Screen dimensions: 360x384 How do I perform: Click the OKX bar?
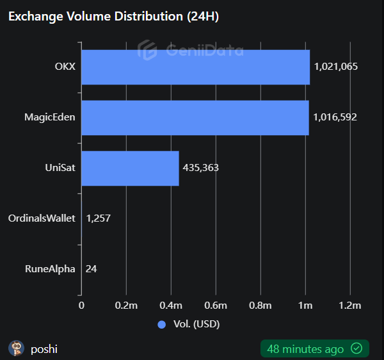[x=195, y=67]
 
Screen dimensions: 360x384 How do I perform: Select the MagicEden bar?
[x=195, y=118]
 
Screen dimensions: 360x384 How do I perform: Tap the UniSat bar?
[x=130, y=168]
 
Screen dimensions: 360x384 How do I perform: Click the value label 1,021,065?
[x=335, y=67]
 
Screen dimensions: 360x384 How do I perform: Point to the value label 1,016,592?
[x=335, y=117]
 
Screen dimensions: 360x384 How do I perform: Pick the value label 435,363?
[x=201, y=168]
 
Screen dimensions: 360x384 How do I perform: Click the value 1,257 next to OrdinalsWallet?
[x=99, y=218]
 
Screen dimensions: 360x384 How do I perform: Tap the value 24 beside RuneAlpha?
[x=91, y=269]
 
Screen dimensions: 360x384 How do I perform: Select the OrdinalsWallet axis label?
[x=42, y=218]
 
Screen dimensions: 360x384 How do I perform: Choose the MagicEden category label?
[x=49, y=117]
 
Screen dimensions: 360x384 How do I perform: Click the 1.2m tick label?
[x=350, y=306]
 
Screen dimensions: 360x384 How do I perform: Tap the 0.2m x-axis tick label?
[x=126, y=306]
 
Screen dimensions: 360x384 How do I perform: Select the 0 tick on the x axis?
[x=81, y=306]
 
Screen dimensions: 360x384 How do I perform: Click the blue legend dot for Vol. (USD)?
[x=161, y=324]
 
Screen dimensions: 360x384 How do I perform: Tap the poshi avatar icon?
[x=17, y=348]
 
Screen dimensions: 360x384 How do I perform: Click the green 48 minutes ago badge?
[x=314, y=348]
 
